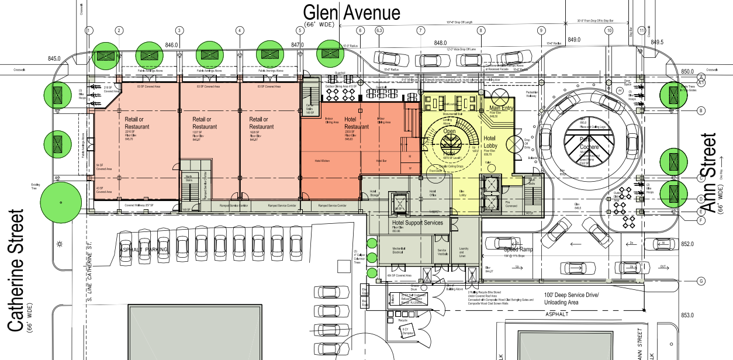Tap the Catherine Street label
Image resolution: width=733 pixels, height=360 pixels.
point(16,269)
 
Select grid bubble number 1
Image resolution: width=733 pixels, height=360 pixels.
point(89,30)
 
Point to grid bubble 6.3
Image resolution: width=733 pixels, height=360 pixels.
point(379,30)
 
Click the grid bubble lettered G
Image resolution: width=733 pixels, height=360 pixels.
point(700,281)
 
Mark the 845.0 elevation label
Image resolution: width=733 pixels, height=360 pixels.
point(54,58)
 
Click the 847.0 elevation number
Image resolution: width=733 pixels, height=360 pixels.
point(298,44)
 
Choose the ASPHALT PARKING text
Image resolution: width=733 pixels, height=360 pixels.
point(144,250)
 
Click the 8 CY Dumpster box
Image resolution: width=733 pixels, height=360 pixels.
point(408,331)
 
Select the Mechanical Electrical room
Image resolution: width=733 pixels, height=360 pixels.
point(399,251)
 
